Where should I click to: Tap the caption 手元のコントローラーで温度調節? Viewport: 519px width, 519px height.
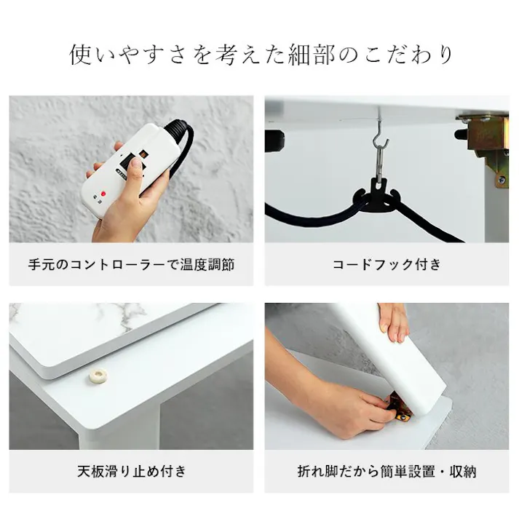pos(132,264)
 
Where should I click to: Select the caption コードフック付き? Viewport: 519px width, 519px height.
pos(387,264)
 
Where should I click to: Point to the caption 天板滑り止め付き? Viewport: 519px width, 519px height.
pos(132,471)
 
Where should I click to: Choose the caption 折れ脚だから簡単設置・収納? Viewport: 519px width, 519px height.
pos(387,471)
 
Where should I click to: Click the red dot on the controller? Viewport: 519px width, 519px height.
pos(104,194)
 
